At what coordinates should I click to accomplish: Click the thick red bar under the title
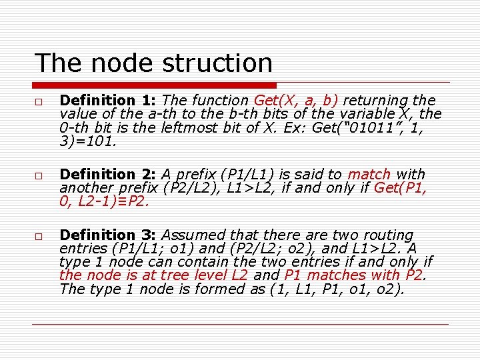pyautogui.click(x=155, y=85)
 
